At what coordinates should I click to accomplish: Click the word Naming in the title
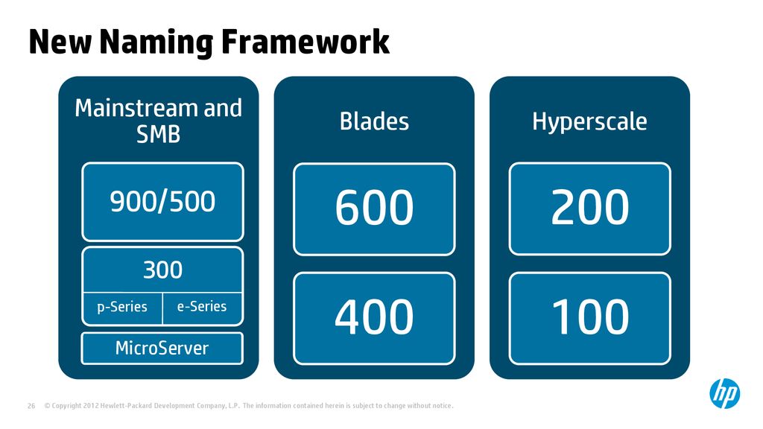coord(156,42)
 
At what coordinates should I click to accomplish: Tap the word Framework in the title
coord(305,42)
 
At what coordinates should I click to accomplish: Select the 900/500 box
coord(162,202)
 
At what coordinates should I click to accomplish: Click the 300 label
coord(162,270)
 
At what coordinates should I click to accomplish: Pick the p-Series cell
coord(122,308)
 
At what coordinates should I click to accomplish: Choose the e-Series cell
coord(202,308)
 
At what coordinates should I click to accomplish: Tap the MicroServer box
coord(162,349)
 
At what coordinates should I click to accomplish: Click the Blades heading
coord(374,121)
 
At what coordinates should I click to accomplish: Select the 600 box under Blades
coord(374,209)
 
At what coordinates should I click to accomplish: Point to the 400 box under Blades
coord(374,319)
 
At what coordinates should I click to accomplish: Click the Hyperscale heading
coord(590,122)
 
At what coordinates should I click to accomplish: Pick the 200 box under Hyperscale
coord(590,209)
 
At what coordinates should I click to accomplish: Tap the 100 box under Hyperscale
coord(590,319)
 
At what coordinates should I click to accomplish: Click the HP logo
coord(724,393)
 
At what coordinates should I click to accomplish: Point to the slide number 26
coord(31,406)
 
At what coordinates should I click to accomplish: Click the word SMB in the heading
coord(158,134)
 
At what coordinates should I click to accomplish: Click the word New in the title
coord(60,42)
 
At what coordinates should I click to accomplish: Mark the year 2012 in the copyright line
coord(91,406)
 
